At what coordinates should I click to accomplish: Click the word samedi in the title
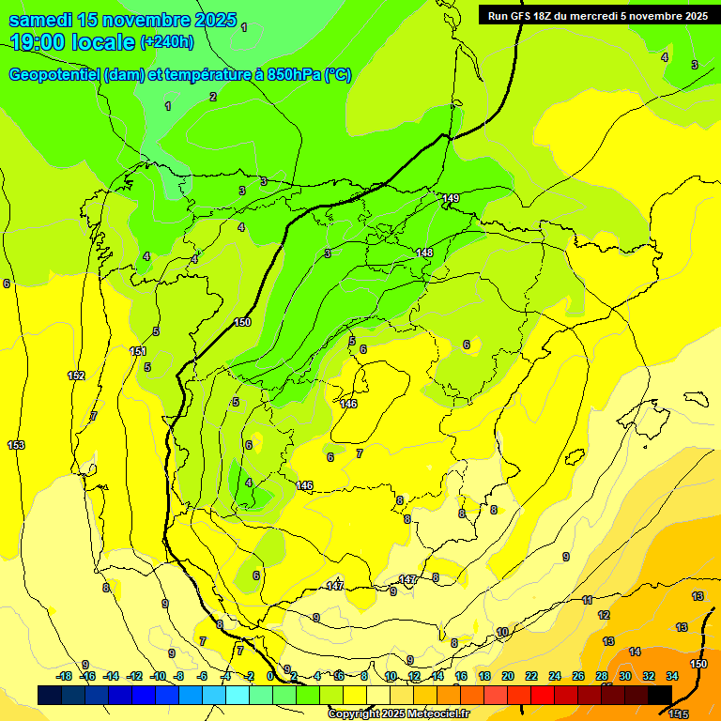pyautogui.click(x=46, y=19)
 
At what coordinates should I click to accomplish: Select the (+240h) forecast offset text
pyautogui.click(x=166, y=41)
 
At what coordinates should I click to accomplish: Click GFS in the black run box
pyautogui.click(x=521, y=15)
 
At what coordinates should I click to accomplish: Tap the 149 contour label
pyautogui.click(x=451, y=198)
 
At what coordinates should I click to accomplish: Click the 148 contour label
pyautogui.click(x=424, y=253)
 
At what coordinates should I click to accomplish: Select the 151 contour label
pyautogui.click(x=138, y=351)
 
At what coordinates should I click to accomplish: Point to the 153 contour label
pyautogui.click(x=16, y=444)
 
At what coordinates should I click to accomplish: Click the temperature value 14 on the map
pyautogui.click(x=635, y=652)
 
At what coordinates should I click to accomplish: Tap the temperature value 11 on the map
pyautogui.click(x=587, y=599)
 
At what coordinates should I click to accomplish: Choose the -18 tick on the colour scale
pyautogui.click(x=64, y=676)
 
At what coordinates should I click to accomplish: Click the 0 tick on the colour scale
pyautogui.click(x=270, y=676)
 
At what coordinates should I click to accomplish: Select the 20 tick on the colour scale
pyautogui.click(x=508, y=676)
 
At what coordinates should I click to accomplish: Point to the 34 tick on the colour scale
pyautogui.click(x=672, y=676)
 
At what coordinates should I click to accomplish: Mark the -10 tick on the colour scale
pyautogui.click(x=158, y=676)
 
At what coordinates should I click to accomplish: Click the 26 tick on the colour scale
pyautogui.click(x=578, y=676)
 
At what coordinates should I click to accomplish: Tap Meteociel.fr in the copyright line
pyautogui.click(x=437, y=714)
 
